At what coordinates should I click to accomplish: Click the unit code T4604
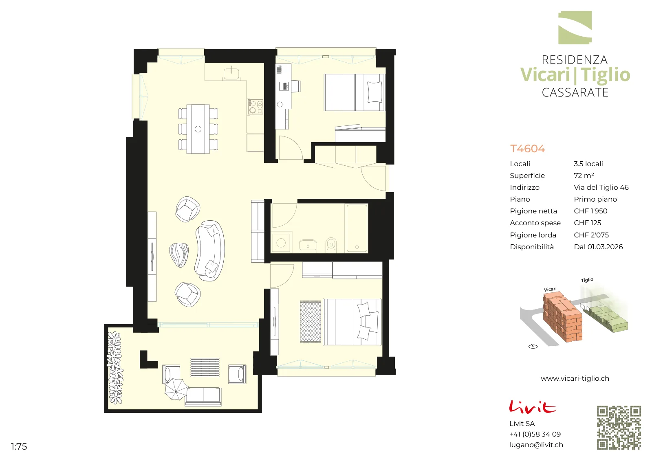point(527,149)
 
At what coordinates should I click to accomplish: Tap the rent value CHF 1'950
point(590,211)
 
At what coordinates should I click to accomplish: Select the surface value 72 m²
point(584,176)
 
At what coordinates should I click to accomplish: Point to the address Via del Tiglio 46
point(601,187)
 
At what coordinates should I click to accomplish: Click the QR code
point(619,428)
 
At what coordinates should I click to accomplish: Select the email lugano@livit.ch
point(536,445)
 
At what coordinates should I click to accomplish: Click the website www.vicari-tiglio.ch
point(575,378)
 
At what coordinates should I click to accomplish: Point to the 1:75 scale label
point(19,446)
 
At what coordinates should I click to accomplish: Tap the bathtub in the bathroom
point(357,228)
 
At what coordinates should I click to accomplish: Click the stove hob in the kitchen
point(255,106)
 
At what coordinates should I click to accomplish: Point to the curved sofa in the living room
point(209,251)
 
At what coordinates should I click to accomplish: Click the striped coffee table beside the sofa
point(179,255)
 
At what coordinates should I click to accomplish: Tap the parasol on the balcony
point(176,389)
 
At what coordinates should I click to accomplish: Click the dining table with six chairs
point(198,129)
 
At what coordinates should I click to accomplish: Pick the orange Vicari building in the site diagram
point(562,317)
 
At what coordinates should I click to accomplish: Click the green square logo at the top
point(575,28)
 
